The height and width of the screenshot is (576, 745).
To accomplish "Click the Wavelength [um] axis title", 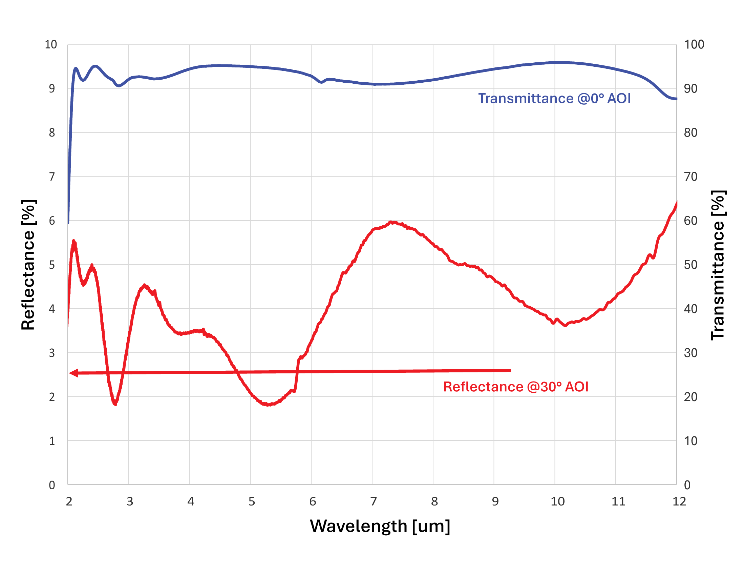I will (x=380, y=526).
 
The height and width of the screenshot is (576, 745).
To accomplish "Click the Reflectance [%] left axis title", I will (x=28, y=265).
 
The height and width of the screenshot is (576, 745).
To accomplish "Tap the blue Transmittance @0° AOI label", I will (x=554, y=99).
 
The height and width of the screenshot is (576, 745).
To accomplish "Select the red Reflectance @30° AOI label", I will (x=516, y=387).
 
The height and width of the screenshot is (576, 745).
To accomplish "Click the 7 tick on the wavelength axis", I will (x=374, y=501).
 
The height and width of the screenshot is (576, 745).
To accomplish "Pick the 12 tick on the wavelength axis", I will (x=679, y=501).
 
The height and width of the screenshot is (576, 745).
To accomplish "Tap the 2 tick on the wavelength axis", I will (x=69, y=501).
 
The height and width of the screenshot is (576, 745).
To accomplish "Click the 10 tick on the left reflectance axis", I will (x=51, y=45).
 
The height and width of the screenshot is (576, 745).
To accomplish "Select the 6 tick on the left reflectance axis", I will (x=52, y=221).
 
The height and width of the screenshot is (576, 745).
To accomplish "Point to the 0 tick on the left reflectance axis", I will (x=52, y=485).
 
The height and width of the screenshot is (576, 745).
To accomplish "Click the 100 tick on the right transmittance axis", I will (x=694, y=45).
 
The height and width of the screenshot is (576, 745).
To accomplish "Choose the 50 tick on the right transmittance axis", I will (x=690, y=265).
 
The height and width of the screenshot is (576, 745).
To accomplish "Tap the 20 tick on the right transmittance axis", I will (x=690, y=397).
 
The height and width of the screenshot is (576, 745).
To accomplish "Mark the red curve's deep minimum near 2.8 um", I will (x=115, y=404).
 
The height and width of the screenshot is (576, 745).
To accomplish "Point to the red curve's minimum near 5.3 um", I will (x=269, y=405).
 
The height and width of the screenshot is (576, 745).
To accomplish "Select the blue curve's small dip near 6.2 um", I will (x=321, y=82).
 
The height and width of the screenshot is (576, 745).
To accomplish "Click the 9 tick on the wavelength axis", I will (x=495, y=501).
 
